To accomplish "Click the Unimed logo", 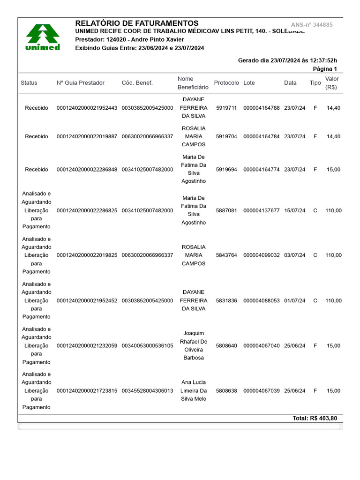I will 42,37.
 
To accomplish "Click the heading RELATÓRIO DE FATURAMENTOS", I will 136,23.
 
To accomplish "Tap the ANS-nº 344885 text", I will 312,25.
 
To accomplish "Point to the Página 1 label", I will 325,69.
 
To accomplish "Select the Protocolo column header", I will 226,83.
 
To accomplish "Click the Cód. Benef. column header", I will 137,83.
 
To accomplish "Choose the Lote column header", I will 249,83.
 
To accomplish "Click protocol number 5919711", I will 226,108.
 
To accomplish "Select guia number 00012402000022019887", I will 87,136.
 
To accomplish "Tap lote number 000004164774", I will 262,169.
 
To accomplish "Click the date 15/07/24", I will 294,210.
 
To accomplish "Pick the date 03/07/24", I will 294,255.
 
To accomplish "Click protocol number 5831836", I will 226,300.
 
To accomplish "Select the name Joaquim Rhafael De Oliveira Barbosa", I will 194,345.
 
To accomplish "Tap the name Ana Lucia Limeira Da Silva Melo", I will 194,390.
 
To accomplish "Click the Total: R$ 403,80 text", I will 315,418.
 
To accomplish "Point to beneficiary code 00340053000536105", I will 147,345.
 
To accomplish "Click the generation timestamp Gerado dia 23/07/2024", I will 287,60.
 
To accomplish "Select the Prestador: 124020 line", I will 129,40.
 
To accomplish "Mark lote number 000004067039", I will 262,390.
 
